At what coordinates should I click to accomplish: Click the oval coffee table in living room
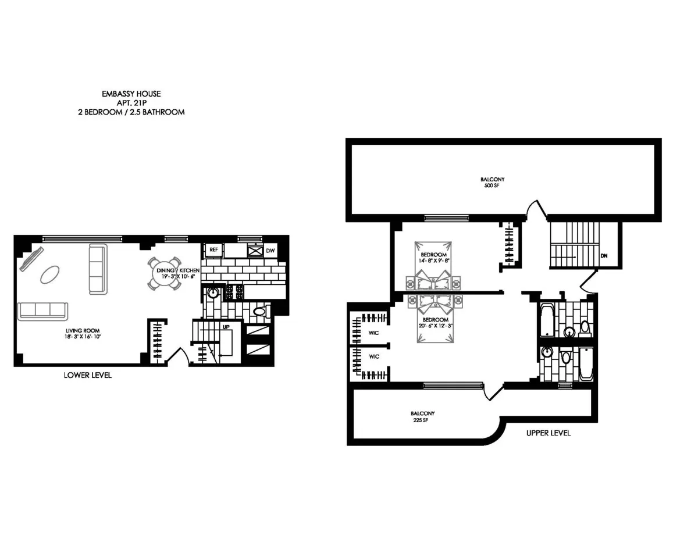[x=49, y=274]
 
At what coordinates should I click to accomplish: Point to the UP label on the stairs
[x=226, y=327]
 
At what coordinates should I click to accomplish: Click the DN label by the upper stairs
[x=604, y=255]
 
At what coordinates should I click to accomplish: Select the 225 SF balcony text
[x=422, y=420]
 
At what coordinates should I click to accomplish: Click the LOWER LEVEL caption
[x=87, y=375]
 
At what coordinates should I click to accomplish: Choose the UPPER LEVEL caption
[x=548, y=433]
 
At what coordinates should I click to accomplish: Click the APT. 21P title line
[x=131, y=102]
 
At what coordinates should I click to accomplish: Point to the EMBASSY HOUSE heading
[x=131, y=93]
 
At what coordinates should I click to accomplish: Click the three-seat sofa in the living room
[x=43, y=311]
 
